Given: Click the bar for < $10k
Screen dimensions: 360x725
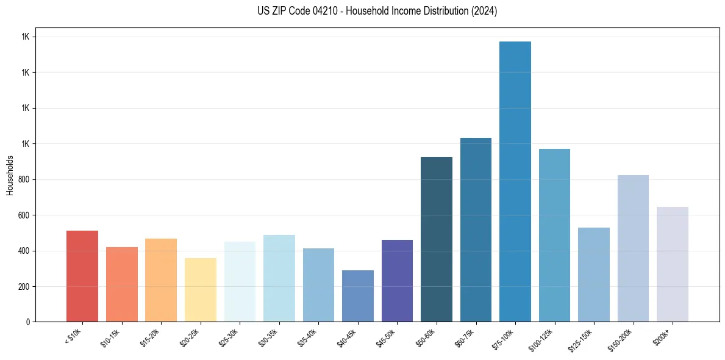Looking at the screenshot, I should (x=82, y=276).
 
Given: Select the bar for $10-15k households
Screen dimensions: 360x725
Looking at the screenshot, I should (x=122, y=284).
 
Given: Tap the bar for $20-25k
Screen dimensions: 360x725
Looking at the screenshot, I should (x=201, y=290).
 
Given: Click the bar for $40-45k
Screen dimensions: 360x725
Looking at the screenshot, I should (x=358, y=296).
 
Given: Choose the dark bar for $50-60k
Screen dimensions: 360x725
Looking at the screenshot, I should (x=437, y=239).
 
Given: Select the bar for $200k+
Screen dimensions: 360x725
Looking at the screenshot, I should (x=673, y=264).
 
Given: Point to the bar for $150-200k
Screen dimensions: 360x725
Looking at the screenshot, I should (x=633, y=248).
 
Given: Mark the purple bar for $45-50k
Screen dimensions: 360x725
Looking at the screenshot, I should (x=397, y=281).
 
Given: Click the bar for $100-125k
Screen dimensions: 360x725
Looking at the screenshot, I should (x=554, y=235).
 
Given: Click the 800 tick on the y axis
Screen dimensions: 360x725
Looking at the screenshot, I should (x=24, y=179).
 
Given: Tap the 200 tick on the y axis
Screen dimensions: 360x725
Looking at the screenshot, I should (x=24, y=286).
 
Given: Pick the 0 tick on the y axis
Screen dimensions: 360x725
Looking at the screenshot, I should (x=28, y=322).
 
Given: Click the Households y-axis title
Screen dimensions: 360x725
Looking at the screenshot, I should (x=10, y=175).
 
